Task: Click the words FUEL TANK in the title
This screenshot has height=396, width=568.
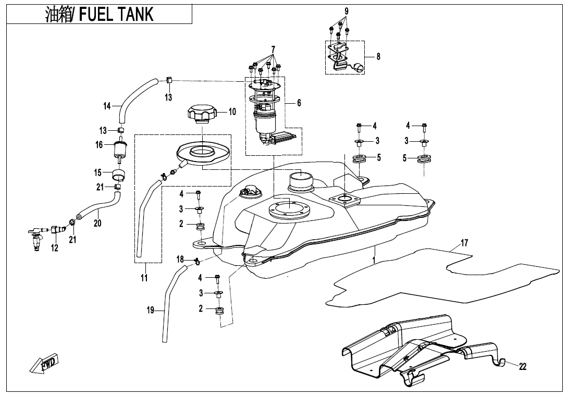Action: [x=116, y=15]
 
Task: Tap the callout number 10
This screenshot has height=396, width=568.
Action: [x=232, y=112]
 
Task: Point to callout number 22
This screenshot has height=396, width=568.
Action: [x=522, y=367]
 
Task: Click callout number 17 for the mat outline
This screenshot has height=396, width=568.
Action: [x=464, y=242]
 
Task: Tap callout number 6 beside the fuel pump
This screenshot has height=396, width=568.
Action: [x=299, y=103]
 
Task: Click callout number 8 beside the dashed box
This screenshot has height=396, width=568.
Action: [x=378, y=56]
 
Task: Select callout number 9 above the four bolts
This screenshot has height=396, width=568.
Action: [x=347, y=11]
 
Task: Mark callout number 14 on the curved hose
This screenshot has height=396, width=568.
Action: [x=107, y=106]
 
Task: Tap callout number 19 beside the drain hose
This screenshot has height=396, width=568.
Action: [x=150, y=310]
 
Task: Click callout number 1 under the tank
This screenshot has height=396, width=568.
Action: [x=374, y=260]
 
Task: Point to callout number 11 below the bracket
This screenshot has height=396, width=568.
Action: [x=144, y=278]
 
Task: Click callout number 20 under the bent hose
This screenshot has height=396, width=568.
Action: [x=97, y=223]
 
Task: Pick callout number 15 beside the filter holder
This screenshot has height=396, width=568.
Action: [x=98, y=172]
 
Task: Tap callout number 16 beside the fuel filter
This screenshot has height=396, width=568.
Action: [x=99, y=145]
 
